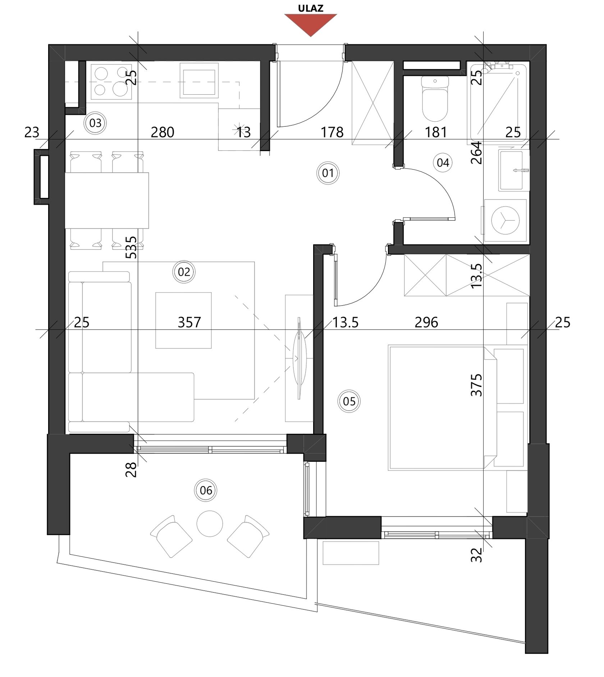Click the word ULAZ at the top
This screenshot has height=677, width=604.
pos(311,8)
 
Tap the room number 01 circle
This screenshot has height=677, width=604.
pos(328,173)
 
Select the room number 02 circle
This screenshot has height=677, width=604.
pos(184,272)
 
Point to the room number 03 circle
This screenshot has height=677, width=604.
pos(95,123)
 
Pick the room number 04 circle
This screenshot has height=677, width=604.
pos(443,163)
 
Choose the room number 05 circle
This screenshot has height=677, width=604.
pos(349,401)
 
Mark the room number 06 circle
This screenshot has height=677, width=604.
pos(206,490)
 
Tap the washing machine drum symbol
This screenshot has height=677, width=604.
pos(505,221)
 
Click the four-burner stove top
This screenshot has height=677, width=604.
pos(111,82)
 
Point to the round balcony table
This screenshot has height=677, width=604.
pos(210,523)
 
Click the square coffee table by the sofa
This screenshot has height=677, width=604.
pos(183,320)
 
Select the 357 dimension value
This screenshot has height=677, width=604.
pos(189,322)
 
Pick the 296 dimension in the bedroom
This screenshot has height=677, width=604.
pos(426,322)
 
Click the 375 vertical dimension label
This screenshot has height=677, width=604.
pos(477,385)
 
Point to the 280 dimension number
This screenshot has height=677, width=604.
pos(163,132)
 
